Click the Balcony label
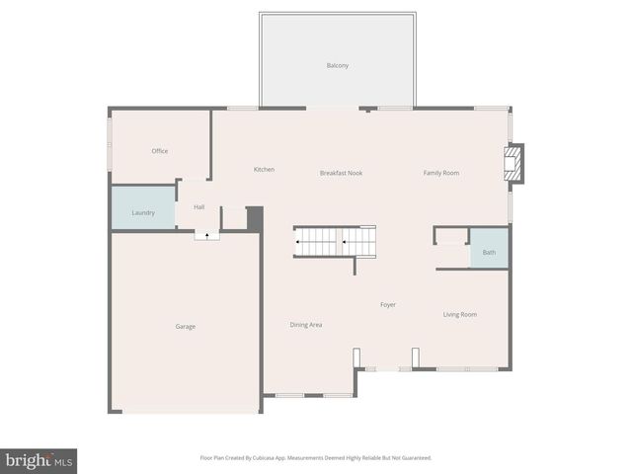click(338, 66)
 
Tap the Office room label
click(160, 151)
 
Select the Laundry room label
click(143, 212)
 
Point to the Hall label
click(199, 207)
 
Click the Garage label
click(186, 326)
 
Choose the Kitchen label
click(264, 170)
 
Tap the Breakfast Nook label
click(341, 173)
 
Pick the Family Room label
click(441, 173)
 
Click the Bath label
click(489, 253)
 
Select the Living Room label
click(460, 315)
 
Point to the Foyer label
click(388, 305)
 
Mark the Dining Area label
click(306, 325)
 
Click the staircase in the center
click(335, 241)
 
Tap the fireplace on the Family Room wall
click(513, 164)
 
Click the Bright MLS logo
click(39, 460)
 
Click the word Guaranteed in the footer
click(414, 458)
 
